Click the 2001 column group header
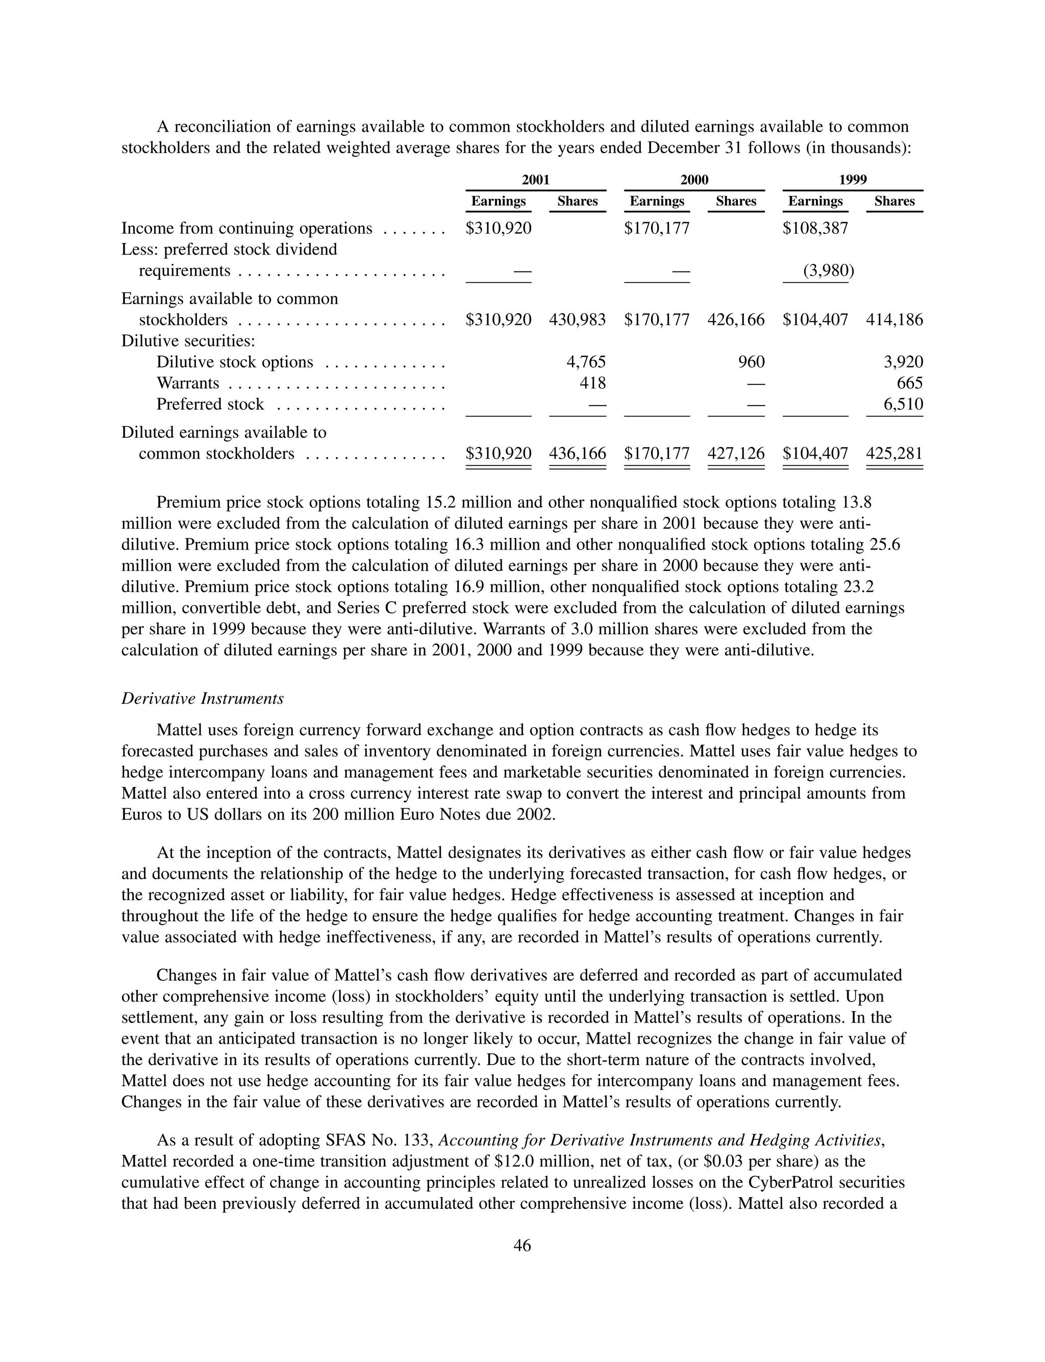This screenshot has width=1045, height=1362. (536, 180)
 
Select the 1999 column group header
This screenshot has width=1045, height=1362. (853, 180)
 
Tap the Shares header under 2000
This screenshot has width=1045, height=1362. (735, 201)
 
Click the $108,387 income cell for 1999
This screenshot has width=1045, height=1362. (815, 228)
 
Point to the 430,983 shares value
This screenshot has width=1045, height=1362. (577, 319)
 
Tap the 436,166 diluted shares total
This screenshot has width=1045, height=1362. (577, 453)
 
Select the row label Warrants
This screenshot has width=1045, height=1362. (187, 383)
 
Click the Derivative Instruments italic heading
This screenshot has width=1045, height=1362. (202, 699)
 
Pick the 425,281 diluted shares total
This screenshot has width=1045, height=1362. (894, 453)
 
